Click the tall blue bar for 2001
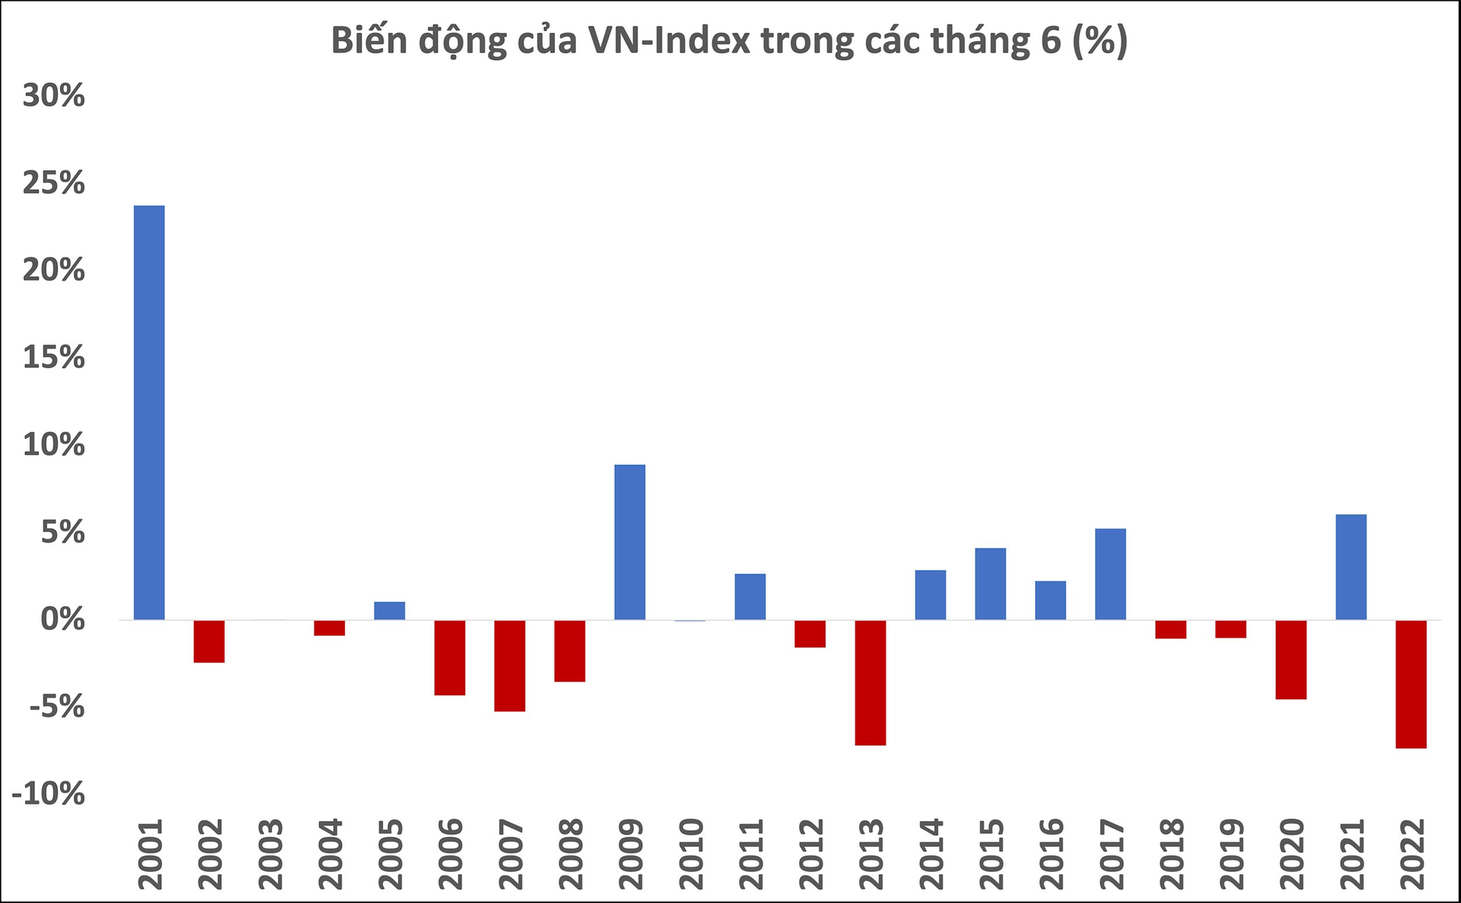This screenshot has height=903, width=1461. click(x=149, y=412)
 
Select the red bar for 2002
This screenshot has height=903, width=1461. click(x=209, y=641)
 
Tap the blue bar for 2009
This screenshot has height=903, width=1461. click(x=630, y=542)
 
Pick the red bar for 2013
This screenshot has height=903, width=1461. click(x=871, y=682)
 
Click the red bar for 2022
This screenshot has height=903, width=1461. click(x=1412, y=684)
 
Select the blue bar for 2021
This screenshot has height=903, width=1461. click(x=1351, y=567)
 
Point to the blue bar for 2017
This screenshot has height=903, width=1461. click(x=1111, y=574)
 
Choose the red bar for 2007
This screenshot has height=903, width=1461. click(x=510, y=666)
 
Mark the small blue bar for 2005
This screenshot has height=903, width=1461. click(x=390, y=611)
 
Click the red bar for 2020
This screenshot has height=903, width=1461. click(x=1291, y=660)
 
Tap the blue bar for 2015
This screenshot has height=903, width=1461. click(x=991, y=583)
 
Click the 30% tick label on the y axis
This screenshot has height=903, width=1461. click(x=54, y=96)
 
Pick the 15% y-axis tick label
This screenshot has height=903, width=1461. click(x=54, y=358)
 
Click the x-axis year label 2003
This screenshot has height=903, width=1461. click(x=271, y=854)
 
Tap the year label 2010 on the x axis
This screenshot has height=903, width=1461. click(x=692, y=854)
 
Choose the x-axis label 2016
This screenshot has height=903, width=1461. click(x=1052, y=854)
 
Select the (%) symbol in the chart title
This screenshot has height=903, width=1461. click(x=1100, y=41)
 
